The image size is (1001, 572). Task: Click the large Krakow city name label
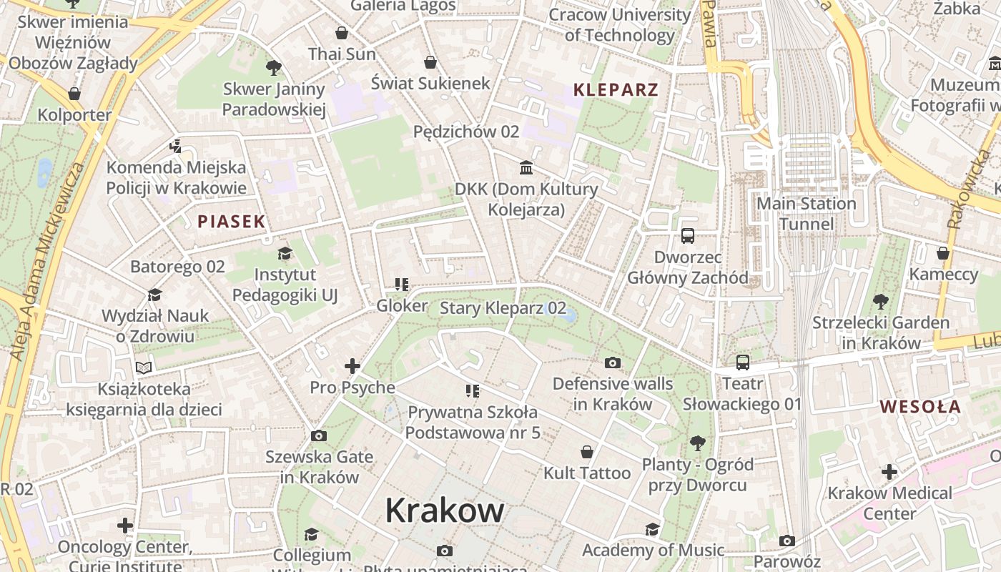pyautogui.click(x=444, y=511)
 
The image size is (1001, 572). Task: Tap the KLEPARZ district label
pyautogui.click(x=616, y=90)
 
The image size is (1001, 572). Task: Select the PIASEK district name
pyautogui.click(x=232, y=222)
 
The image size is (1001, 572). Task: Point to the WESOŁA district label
pyautogui.click(x=920, y=407)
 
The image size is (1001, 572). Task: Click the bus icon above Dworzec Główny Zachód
pyautogui.click(x=688, y=235)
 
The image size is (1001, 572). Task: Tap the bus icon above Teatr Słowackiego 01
pyautogui.click(x=743, y=363)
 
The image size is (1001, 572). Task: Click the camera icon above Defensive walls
pyautogui.click(x=613, y=363)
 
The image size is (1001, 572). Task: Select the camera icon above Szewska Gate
pyautogui.click(x=319, y=435)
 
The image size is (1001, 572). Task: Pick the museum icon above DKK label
pyautogui.click(x=527, y=167)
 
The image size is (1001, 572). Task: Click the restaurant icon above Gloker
pyautogui.click(x=402, y=285)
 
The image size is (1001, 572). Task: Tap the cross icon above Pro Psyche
pyautogui.click(x=352, y=366)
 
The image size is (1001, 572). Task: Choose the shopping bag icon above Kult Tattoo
pyautogui.click(x=587, y=452)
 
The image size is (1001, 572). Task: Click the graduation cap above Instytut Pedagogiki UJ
pyautogui.click(x=285, y=253)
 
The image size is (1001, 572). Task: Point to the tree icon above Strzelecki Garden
pyautogui.click(x=881, y=302)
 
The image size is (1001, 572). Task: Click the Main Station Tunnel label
pyautogui.click(x=807, y=214)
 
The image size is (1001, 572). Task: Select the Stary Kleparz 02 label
pyautogui.click(x=503, y=309)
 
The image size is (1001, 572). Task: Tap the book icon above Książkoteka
pyautogui.click(x=144, y=368)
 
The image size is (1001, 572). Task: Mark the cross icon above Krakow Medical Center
pyautogui.click(x=889, y=472)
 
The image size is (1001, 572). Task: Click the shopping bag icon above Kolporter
pyautogui.click(x=74, y=94)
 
